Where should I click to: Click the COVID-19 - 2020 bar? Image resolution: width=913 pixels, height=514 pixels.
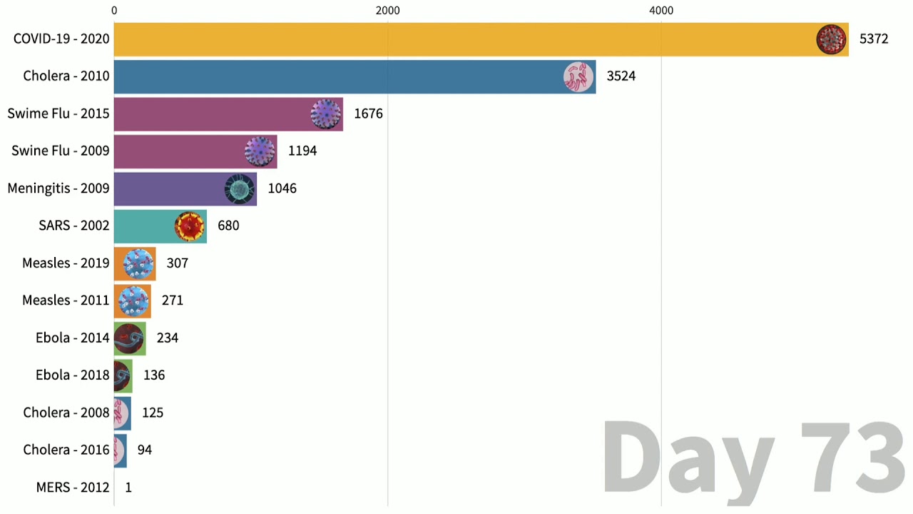point(464,39)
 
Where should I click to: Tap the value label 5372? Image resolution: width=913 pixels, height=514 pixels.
point(873,39)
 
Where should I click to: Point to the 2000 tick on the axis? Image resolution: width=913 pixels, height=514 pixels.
point(387,11)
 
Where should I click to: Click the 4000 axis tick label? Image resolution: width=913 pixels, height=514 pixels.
point(661,11)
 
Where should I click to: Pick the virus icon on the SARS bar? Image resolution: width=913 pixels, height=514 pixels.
point(190,226)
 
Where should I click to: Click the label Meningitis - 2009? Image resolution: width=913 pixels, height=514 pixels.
point(58,188)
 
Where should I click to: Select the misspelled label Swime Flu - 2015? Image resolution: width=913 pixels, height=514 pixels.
point(58,114)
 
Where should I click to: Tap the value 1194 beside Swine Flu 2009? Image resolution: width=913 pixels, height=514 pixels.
point(302,151)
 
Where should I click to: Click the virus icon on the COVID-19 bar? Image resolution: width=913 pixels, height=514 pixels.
point(831,39)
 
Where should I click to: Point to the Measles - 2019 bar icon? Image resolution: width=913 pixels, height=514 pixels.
point(138,263)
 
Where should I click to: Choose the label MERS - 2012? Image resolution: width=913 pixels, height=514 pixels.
point(73,488)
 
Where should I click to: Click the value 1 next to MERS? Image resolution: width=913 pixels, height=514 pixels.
point(128,488)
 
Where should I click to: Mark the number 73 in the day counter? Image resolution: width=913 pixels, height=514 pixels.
point(852,457)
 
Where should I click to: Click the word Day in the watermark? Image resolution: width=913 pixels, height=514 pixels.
point(688,457)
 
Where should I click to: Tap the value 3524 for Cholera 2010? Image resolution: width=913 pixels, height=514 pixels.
point(621,76)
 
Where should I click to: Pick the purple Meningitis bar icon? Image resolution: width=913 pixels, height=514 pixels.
point(240,188)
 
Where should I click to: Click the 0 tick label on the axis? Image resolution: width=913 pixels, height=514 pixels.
point(114,11)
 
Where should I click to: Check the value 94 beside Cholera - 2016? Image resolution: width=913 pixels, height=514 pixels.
point(144,450)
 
